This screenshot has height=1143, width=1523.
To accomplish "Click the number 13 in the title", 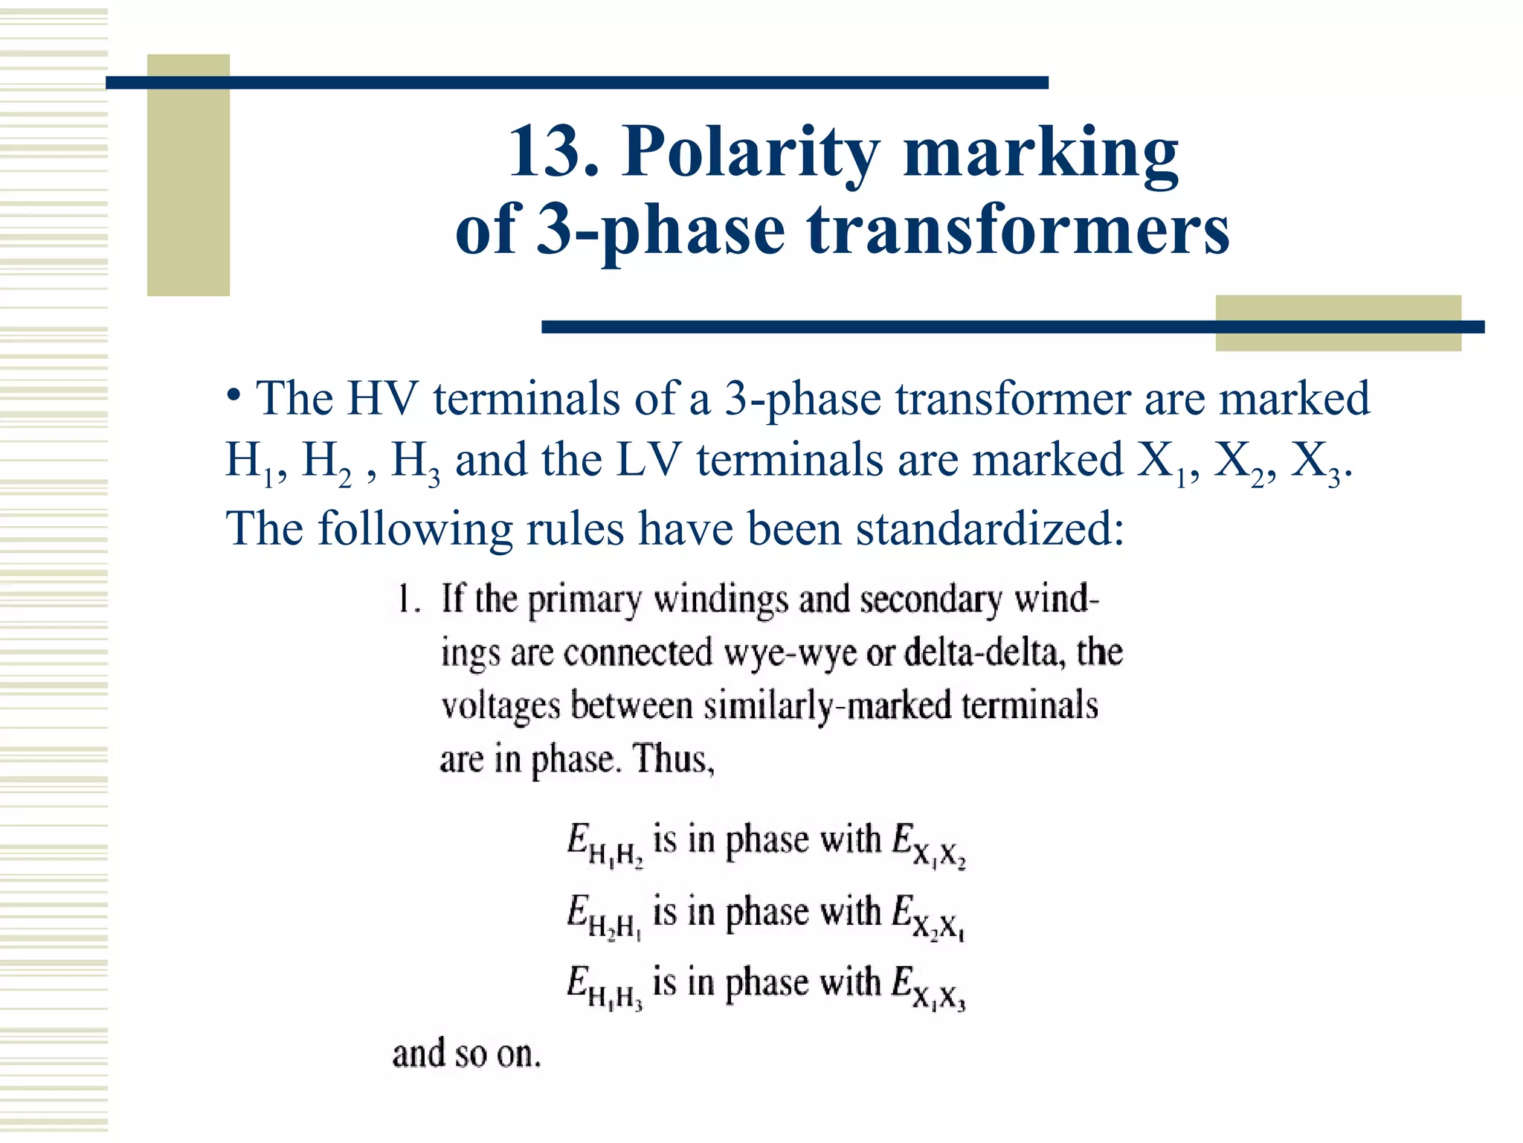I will [x=553, y=152].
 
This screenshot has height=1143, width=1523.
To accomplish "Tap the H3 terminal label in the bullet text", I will [x=415, y=463].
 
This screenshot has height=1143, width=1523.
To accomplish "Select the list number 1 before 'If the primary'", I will [x=405, y=599].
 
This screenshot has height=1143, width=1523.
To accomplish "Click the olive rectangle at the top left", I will [x=188, y=175].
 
